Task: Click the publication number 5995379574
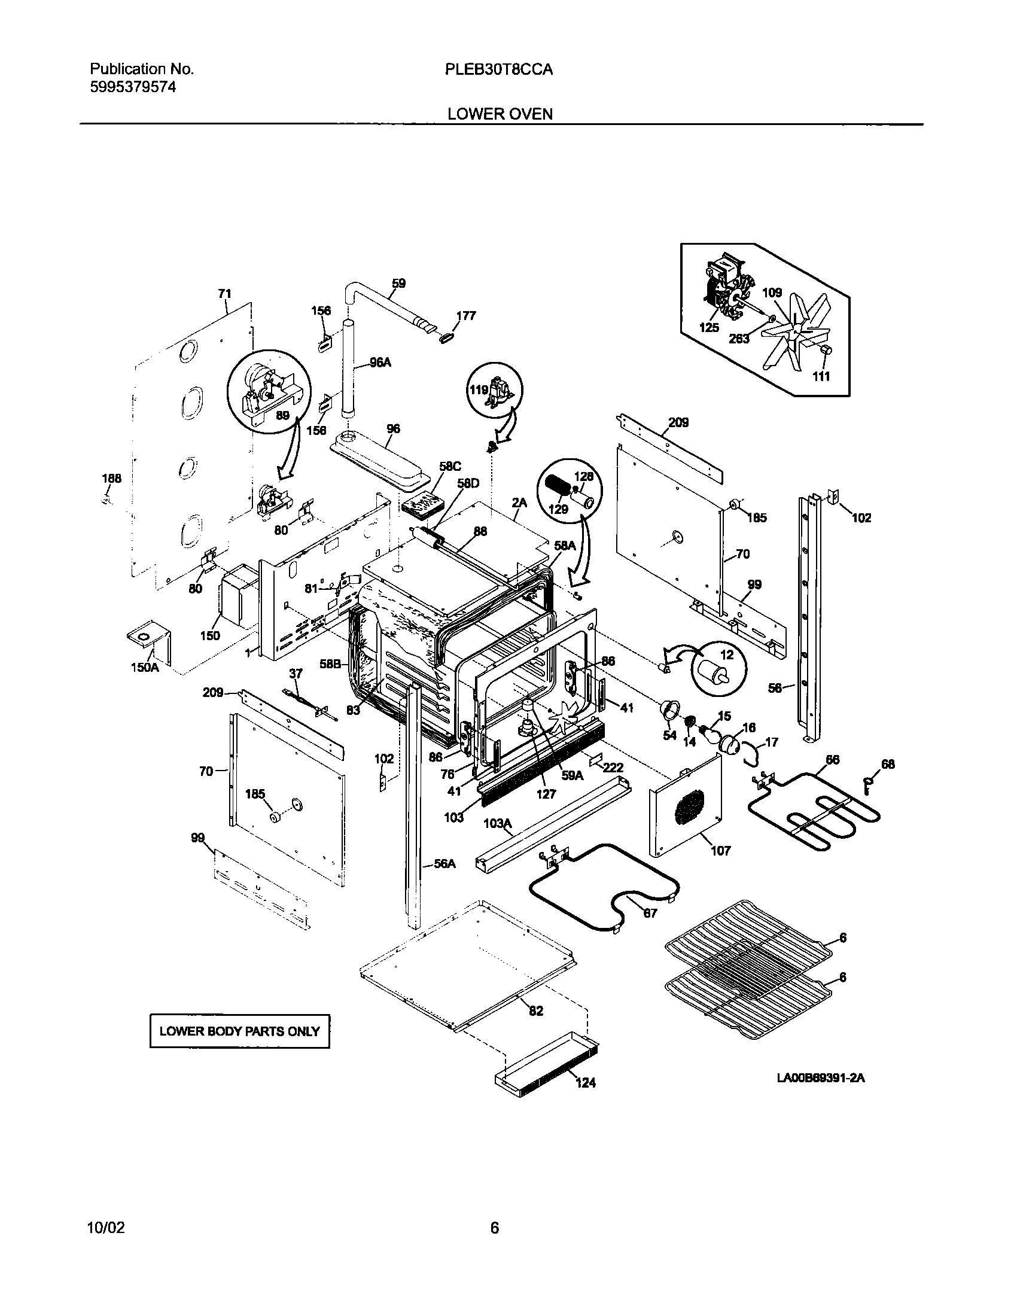133,87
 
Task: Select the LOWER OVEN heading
500,114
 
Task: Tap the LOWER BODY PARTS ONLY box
239,1031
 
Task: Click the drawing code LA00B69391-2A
821,1079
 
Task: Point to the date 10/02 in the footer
106,1228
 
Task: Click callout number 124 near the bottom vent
586,1082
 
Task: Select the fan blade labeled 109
796,335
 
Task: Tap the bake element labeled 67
604,885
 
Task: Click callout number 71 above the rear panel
224,293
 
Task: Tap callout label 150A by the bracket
145,667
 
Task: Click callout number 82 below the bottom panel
536,1010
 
